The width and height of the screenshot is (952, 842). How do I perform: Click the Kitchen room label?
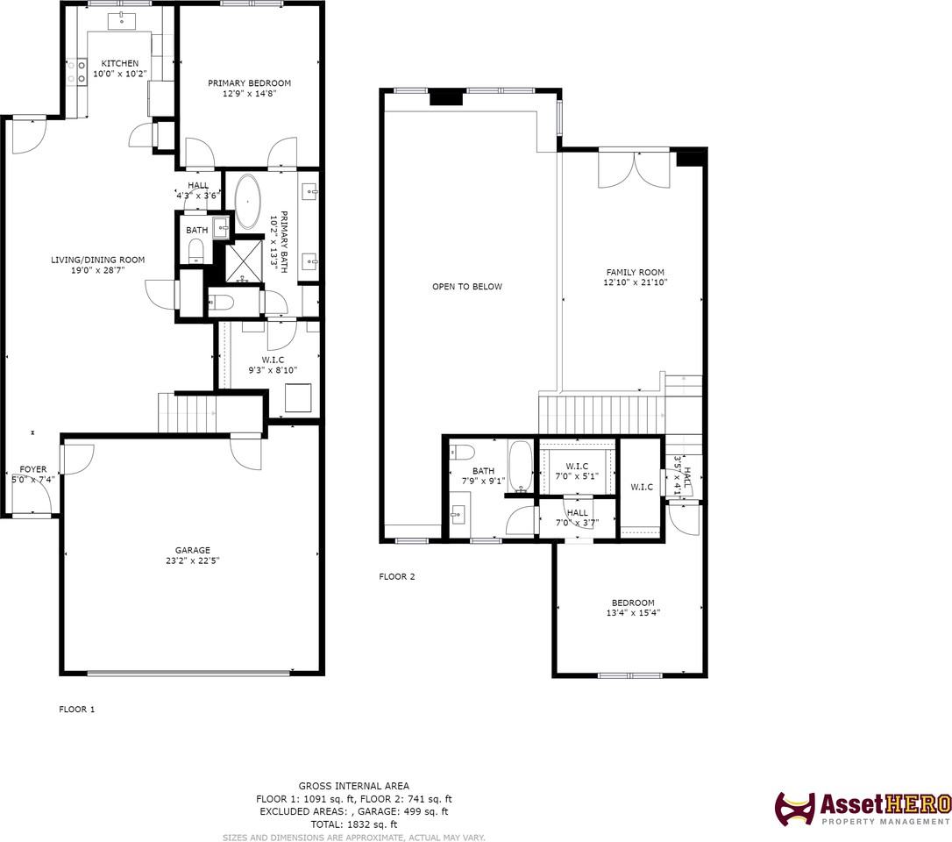pos(119,63)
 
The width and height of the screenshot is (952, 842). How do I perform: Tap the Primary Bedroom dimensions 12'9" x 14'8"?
pos(250,94)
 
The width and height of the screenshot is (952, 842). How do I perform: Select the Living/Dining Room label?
pos(98,260)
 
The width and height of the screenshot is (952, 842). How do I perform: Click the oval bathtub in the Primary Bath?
pos(248,201)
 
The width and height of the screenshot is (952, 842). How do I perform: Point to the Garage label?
pos(193,551)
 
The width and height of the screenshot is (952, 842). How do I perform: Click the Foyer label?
pos(32,469)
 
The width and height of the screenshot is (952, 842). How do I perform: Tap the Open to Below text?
pos(467,287)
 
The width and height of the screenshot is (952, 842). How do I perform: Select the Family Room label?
pos(635,272)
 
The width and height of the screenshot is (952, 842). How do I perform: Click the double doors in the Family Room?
pos(635,169)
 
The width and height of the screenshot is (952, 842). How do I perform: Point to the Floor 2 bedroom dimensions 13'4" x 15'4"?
pos(633,613)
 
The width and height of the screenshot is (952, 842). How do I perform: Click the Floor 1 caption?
pos(77,709)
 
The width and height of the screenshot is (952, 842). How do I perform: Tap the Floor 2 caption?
pos(397,576)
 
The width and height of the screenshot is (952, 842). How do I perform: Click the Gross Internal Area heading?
pos(354,786)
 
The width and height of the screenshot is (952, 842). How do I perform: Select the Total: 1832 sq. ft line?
pos(354,824)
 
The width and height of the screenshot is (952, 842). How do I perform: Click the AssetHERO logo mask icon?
pos(795,809)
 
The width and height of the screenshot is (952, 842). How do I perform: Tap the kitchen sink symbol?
pos(122,21)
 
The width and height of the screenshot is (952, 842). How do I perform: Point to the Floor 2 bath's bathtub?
pos(520,467)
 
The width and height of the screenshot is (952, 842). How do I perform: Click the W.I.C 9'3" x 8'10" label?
pos(273,365)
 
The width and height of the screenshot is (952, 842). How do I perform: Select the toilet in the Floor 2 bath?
pos(462,453)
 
